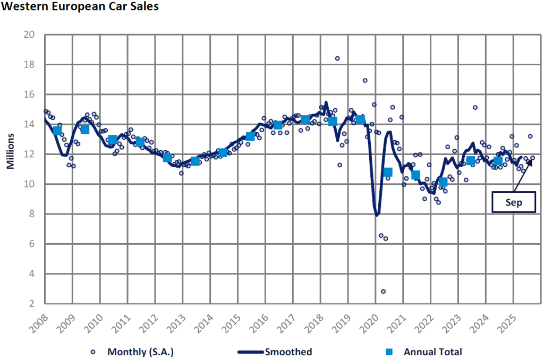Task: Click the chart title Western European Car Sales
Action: point(79,8)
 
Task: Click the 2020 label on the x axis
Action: point(370,322)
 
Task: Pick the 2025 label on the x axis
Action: point(508,322)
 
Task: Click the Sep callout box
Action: point(514,203)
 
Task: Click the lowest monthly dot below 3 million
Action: point(383,292)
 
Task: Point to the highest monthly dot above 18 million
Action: point(337,58)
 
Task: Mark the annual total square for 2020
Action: point(388,172)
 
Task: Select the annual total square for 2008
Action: point(57,131)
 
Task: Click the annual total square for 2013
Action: point(195,160)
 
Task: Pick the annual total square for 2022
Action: point(443,182)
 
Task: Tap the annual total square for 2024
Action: point(498,161)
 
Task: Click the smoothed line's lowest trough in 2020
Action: point(377,215)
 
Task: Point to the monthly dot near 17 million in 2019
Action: point(365,81)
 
